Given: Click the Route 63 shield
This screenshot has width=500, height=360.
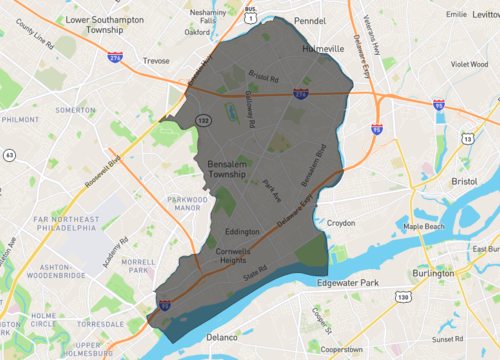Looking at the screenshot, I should [x=9, y=155].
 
